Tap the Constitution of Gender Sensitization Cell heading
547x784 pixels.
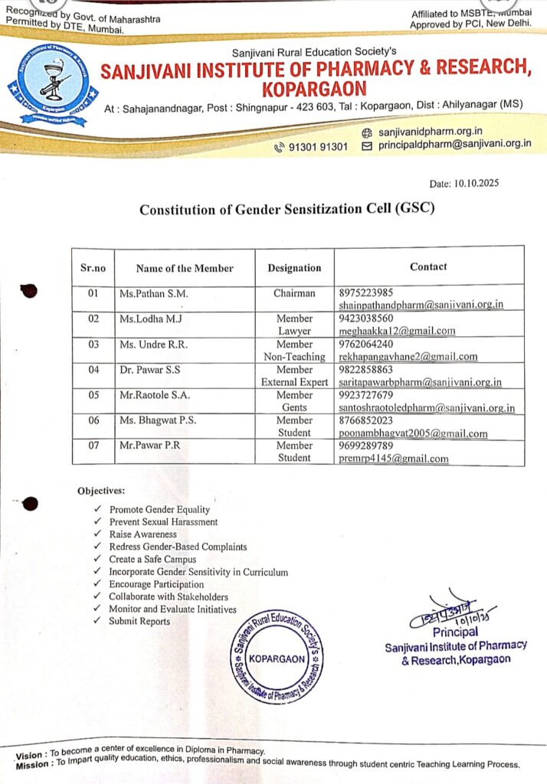(x=287, y=209)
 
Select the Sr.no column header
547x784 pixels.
(x=93, y=268)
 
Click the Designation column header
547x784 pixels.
(x=294, y=268)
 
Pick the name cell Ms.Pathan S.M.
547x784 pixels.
(x=153, y=293)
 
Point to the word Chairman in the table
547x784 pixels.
(x=294, y=293)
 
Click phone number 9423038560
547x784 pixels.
(x=365, y=318)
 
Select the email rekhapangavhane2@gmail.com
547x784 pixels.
(x=408, y=357)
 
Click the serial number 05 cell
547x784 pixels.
(x=93, y=395)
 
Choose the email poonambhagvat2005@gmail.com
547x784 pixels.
(x=413, y=433)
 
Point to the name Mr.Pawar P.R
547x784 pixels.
(x=149, y=446)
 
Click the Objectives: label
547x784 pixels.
(x=101, y=490)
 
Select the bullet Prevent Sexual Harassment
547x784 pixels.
(x=163, y=522)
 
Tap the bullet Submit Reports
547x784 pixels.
(x=139, y=621)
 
